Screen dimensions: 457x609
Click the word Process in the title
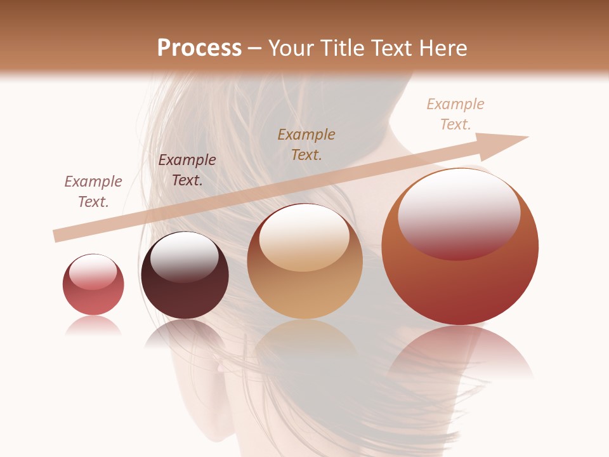199,48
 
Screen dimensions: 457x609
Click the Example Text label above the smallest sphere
93,192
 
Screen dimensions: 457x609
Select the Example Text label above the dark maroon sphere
187,170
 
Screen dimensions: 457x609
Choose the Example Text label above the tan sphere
306,144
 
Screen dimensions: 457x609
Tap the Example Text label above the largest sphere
455,114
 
